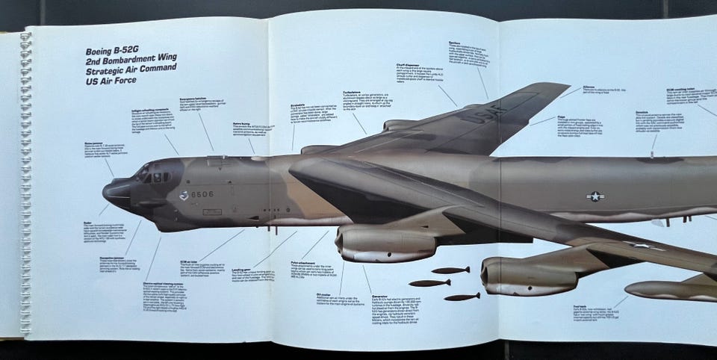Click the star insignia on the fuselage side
pos(595,196)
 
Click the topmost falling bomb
pos(450,270)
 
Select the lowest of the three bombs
pos(461,297)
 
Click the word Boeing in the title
pos(105,52)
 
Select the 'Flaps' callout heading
pos(561,116)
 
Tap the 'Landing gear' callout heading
pos(240,270)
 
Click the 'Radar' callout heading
pos(93,222)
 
